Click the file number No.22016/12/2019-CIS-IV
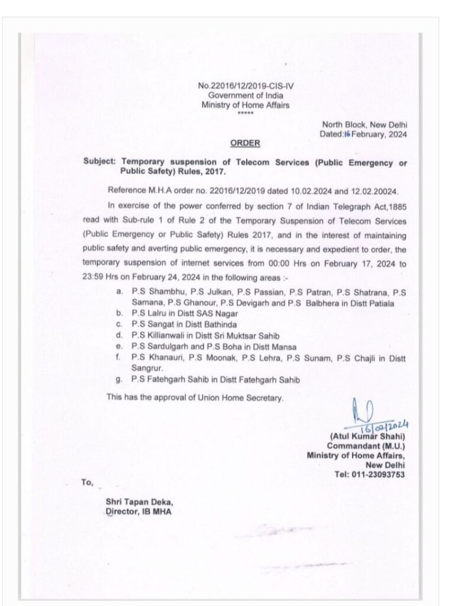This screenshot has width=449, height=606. click(247, 86)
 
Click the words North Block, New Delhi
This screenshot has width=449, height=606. click(364, 125)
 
